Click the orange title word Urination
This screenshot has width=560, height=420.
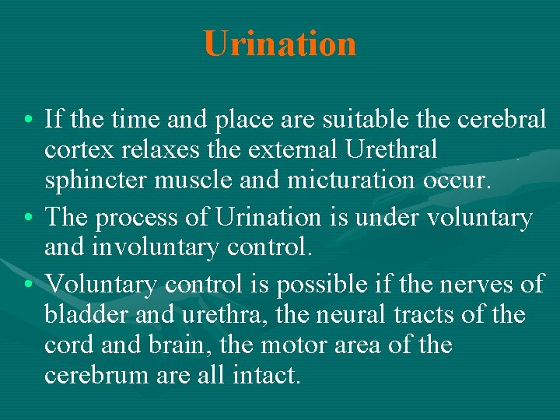pos(280,44)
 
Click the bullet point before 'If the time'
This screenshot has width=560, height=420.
pos(28,121)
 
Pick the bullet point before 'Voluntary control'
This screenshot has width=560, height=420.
pos(28,285)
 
